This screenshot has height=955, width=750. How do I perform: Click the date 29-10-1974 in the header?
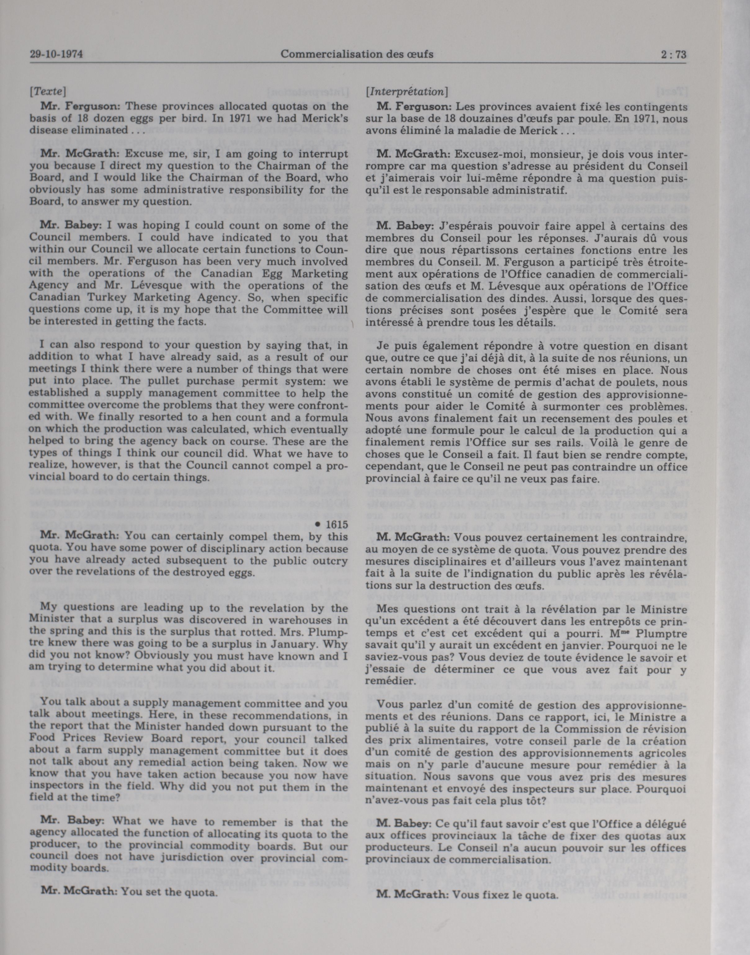(x=57, y=55)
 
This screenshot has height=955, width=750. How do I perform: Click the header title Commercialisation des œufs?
(x=357, y=55)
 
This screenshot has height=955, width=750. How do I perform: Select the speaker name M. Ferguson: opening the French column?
(x=414, y=106)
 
